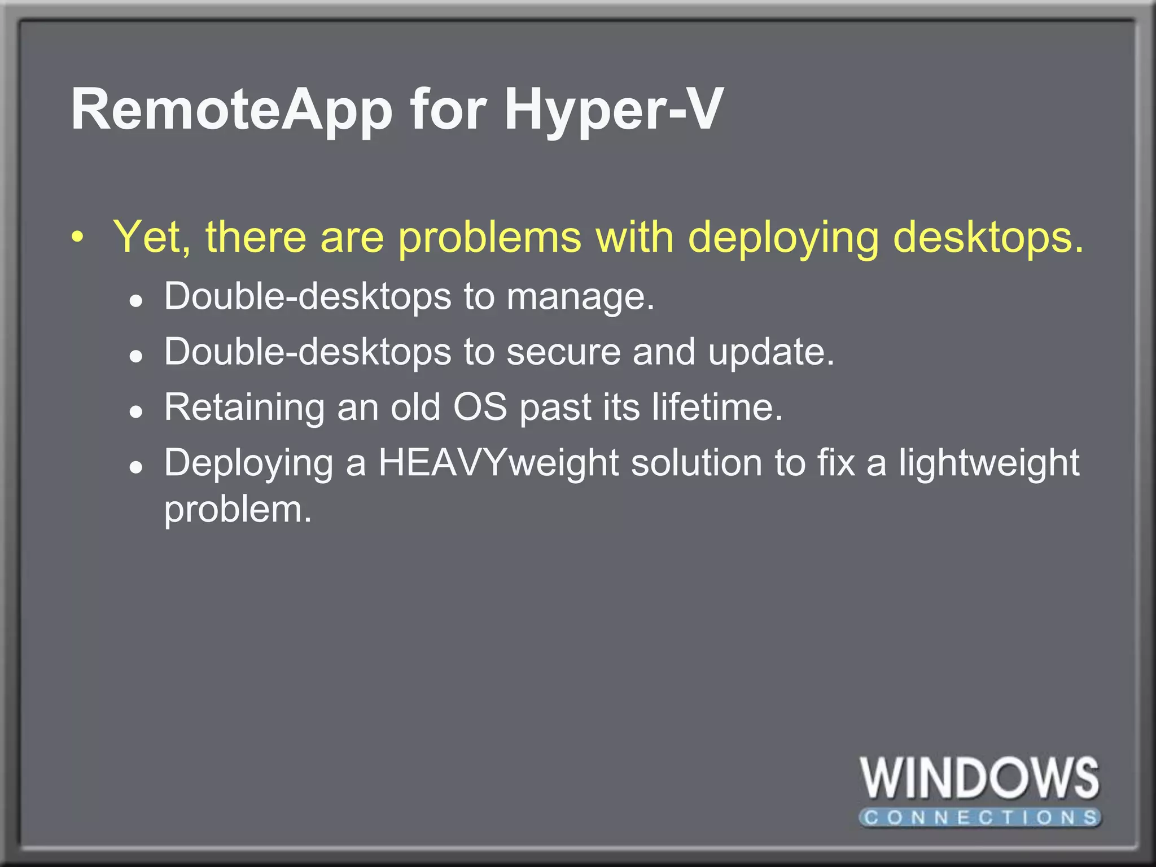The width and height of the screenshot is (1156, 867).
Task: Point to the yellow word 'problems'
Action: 489,238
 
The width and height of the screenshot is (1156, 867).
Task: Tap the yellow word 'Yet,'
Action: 152,238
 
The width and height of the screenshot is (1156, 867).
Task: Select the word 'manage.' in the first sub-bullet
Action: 580,296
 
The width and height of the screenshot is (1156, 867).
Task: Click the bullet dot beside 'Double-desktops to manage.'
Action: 135,301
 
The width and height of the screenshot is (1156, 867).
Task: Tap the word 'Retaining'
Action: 244,407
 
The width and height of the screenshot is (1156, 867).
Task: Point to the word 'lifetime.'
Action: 717,406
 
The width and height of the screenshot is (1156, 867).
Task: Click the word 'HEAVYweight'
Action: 498,463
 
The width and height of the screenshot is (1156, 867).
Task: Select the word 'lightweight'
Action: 988,463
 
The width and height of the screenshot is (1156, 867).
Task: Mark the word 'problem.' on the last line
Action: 238,510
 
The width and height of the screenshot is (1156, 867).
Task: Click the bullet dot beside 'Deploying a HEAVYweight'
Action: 135,467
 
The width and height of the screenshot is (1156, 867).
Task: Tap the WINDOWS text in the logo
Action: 980,778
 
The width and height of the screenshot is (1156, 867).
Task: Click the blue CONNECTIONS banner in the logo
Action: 980,817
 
